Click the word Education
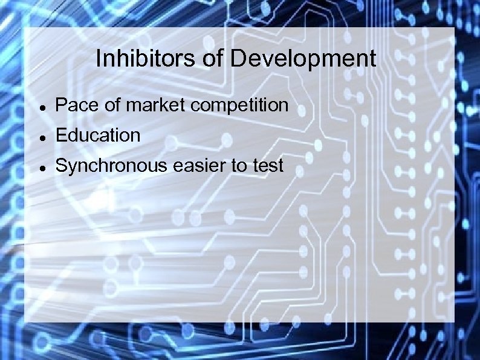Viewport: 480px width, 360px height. (x=98, y=135)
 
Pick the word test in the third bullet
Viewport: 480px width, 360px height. (x=268, y=165)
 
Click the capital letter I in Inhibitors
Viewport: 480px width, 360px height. (x=99, y=59)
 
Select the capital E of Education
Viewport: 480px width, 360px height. (x=60, y=135)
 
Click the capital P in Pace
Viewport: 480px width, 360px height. (x=60, y=105)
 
